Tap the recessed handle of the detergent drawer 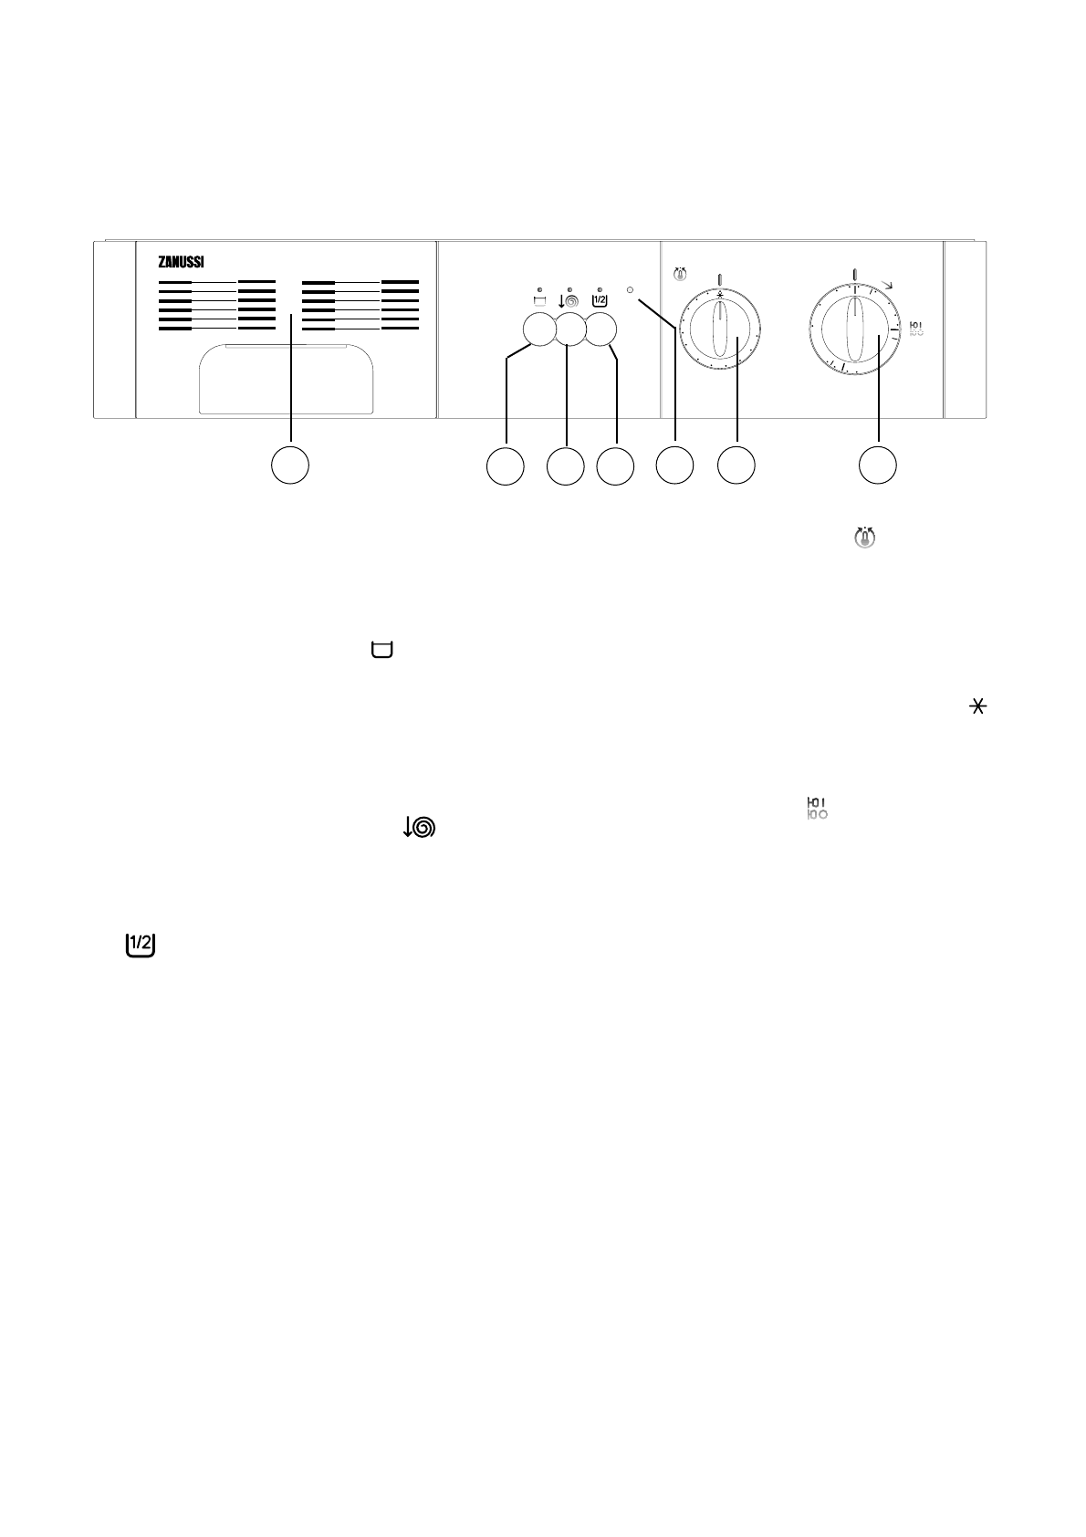285,381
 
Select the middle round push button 569,329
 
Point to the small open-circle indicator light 631,289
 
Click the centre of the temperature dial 721,329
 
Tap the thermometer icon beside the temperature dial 680,273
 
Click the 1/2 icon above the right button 600,298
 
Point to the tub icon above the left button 538,298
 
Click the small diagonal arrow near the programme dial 888,286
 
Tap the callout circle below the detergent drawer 290,465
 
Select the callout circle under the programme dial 878,465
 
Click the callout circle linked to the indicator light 674,465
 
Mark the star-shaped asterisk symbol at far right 978,707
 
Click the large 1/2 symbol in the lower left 140,946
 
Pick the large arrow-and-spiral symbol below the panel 420,827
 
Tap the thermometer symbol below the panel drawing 864,538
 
